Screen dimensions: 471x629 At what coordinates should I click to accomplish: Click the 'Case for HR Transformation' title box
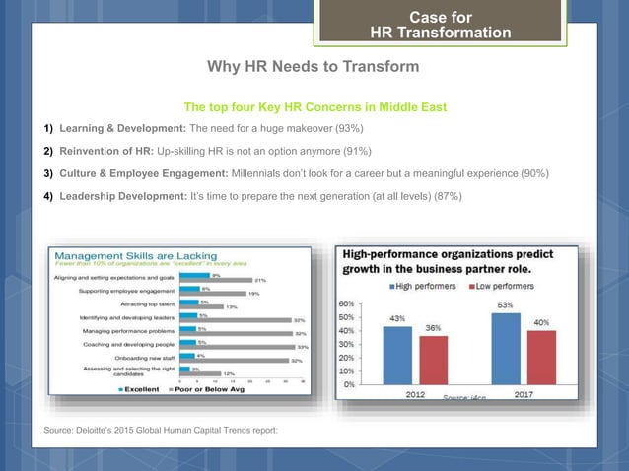[440, 25]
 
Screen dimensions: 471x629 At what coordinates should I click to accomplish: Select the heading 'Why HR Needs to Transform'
[313, 67]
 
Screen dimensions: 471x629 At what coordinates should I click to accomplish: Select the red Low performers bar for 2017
[541, 359]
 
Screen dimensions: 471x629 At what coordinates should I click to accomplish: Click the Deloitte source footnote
[161, 431]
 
